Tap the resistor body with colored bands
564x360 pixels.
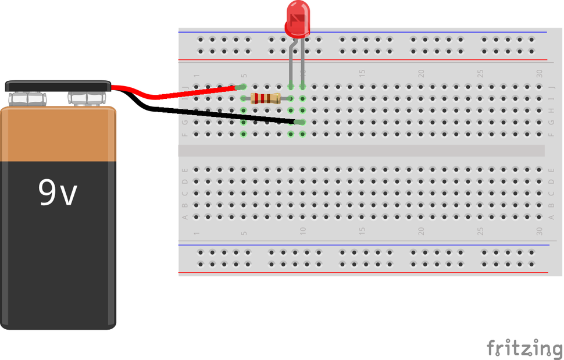(x=265, y=98)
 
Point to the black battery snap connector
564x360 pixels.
(x=58, y=86)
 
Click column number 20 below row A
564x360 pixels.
(x=421, y=231)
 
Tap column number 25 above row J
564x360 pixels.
(x=480, y=74)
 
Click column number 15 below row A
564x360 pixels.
(x=362, y=231)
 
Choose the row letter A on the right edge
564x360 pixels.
(x=552, y=217)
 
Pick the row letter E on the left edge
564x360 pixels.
(x=185, y=170)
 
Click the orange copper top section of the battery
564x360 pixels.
(x=58, y=134)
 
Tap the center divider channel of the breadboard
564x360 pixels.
(x=360, y=151)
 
